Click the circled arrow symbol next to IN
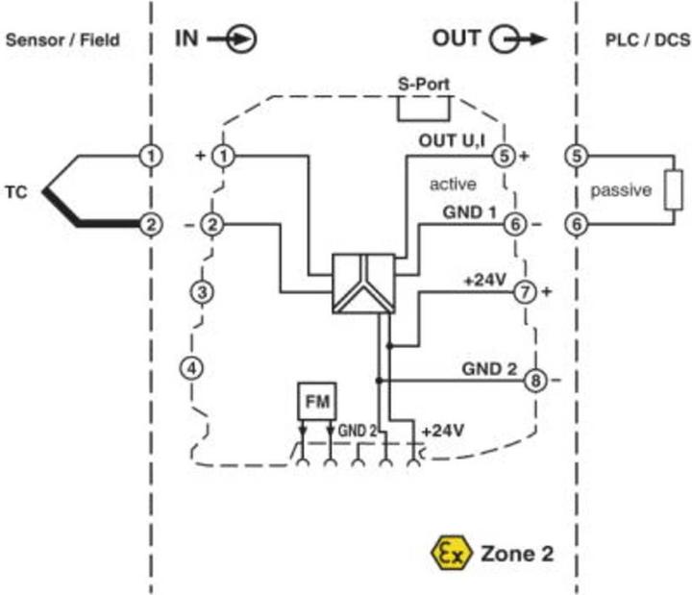click(x=244, y=39)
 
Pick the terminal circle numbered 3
click(x=201, y=290)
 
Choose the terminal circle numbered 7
click(x=525, y=292)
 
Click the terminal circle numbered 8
click(x=534, y=381)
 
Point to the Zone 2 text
click(x=516, y=554)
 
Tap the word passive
click(x=621, y=190)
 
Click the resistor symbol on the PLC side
click(x=676, y=189)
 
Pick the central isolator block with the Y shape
click(x=362, y=284)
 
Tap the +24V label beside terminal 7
click(x=484, y=280)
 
